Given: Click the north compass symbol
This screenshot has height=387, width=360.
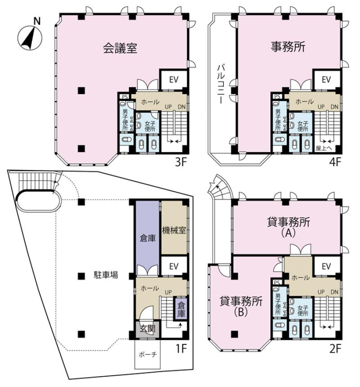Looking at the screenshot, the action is (30, 38).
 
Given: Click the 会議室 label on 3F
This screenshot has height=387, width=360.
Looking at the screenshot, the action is (120, 48).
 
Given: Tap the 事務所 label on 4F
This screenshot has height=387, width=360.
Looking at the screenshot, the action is (288, 47).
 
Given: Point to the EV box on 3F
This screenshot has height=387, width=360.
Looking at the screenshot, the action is (174, 80).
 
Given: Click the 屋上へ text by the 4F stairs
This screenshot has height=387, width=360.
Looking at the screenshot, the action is (324, 148).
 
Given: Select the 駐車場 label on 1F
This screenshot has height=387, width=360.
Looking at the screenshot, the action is (106, 275).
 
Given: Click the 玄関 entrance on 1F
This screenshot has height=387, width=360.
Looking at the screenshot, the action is (148, 329).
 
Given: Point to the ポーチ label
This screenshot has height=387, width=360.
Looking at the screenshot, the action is (148, 355).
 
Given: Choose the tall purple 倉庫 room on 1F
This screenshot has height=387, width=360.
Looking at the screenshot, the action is (148, 238).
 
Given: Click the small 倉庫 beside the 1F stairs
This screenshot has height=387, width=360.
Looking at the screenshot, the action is (181, 310).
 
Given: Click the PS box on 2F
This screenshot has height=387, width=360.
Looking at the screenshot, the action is (277, 282).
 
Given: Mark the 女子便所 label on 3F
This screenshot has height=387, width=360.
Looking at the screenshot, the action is (150, 126).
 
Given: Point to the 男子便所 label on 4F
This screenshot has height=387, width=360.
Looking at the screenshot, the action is (278, 120).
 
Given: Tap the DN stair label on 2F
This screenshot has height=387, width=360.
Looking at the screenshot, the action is (334, 292).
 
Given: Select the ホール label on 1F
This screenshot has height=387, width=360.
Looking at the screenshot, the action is (149, 288).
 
